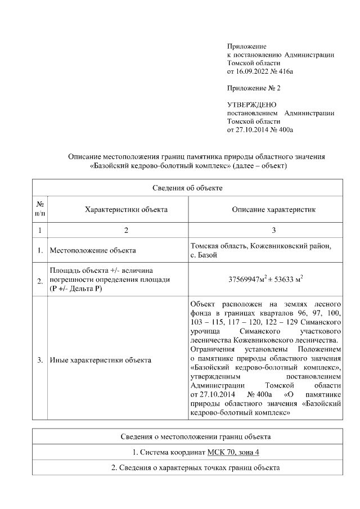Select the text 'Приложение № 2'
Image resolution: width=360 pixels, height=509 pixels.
253,88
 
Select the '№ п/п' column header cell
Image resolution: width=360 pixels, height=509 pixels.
40,209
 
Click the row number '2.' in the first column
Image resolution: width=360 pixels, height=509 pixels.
40,281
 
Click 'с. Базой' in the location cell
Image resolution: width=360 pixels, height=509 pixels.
204,255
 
